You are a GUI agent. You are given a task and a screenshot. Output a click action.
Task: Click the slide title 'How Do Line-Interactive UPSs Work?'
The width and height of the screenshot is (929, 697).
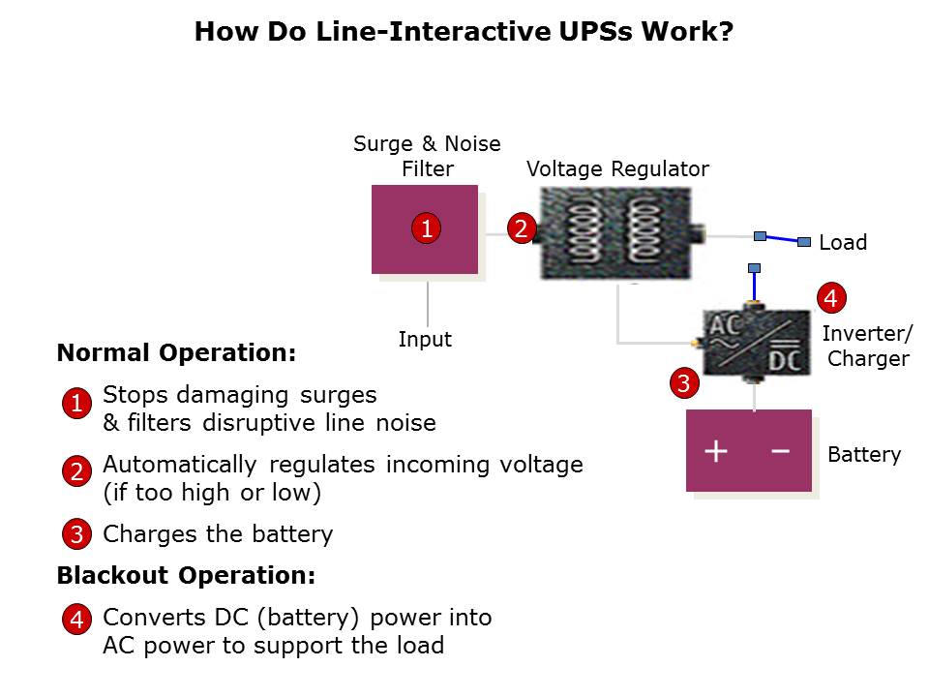(x=464, y=32)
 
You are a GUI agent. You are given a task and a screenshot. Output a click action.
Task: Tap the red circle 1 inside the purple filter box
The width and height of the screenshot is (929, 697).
(x=425, y=228)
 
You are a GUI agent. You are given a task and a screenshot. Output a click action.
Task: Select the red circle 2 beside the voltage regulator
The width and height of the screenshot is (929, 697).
(x=521, y=228)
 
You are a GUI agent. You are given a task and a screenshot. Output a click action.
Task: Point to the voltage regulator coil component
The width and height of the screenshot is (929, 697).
(x=615, y=233)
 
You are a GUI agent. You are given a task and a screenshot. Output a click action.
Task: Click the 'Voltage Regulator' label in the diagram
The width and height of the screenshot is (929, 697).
(x=617, y=169)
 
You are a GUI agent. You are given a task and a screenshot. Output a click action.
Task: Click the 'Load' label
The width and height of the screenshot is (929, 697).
(x=843, y=243)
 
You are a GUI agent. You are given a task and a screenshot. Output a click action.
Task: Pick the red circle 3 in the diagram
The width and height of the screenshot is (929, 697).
(x=683, y=383)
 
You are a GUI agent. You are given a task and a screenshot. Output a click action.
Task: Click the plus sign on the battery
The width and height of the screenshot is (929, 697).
(x=715, y=451)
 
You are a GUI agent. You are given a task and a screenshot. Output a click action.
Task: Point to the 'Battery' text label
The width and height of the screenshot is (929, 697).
(x=864, y=455)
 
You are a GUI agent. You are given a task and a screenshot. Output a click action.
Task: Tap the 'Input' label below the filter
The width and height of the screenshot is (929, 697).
(x=425, y=340)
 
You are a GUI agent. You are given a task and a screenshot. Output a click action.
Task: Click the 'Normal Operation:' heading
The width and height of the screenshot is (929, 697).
(x=176, y=352)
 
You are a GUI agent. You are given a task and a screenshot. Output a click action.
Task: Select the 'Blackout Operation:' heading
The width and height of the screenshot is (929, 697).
(x=186, y=576)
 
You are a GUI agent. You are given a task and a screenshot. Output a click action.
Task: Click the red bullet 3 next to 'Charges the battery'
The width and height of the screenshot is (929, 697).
(x=76, y=534)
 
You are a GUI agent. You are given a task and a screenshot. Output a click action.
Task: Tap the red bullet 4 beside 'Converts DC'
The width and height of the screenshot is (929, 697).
(x=76, y=620)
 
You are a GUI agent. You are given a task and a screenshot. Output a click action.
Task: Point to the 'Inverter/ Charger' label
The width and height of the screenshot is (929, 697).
(x=867, y=347)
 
